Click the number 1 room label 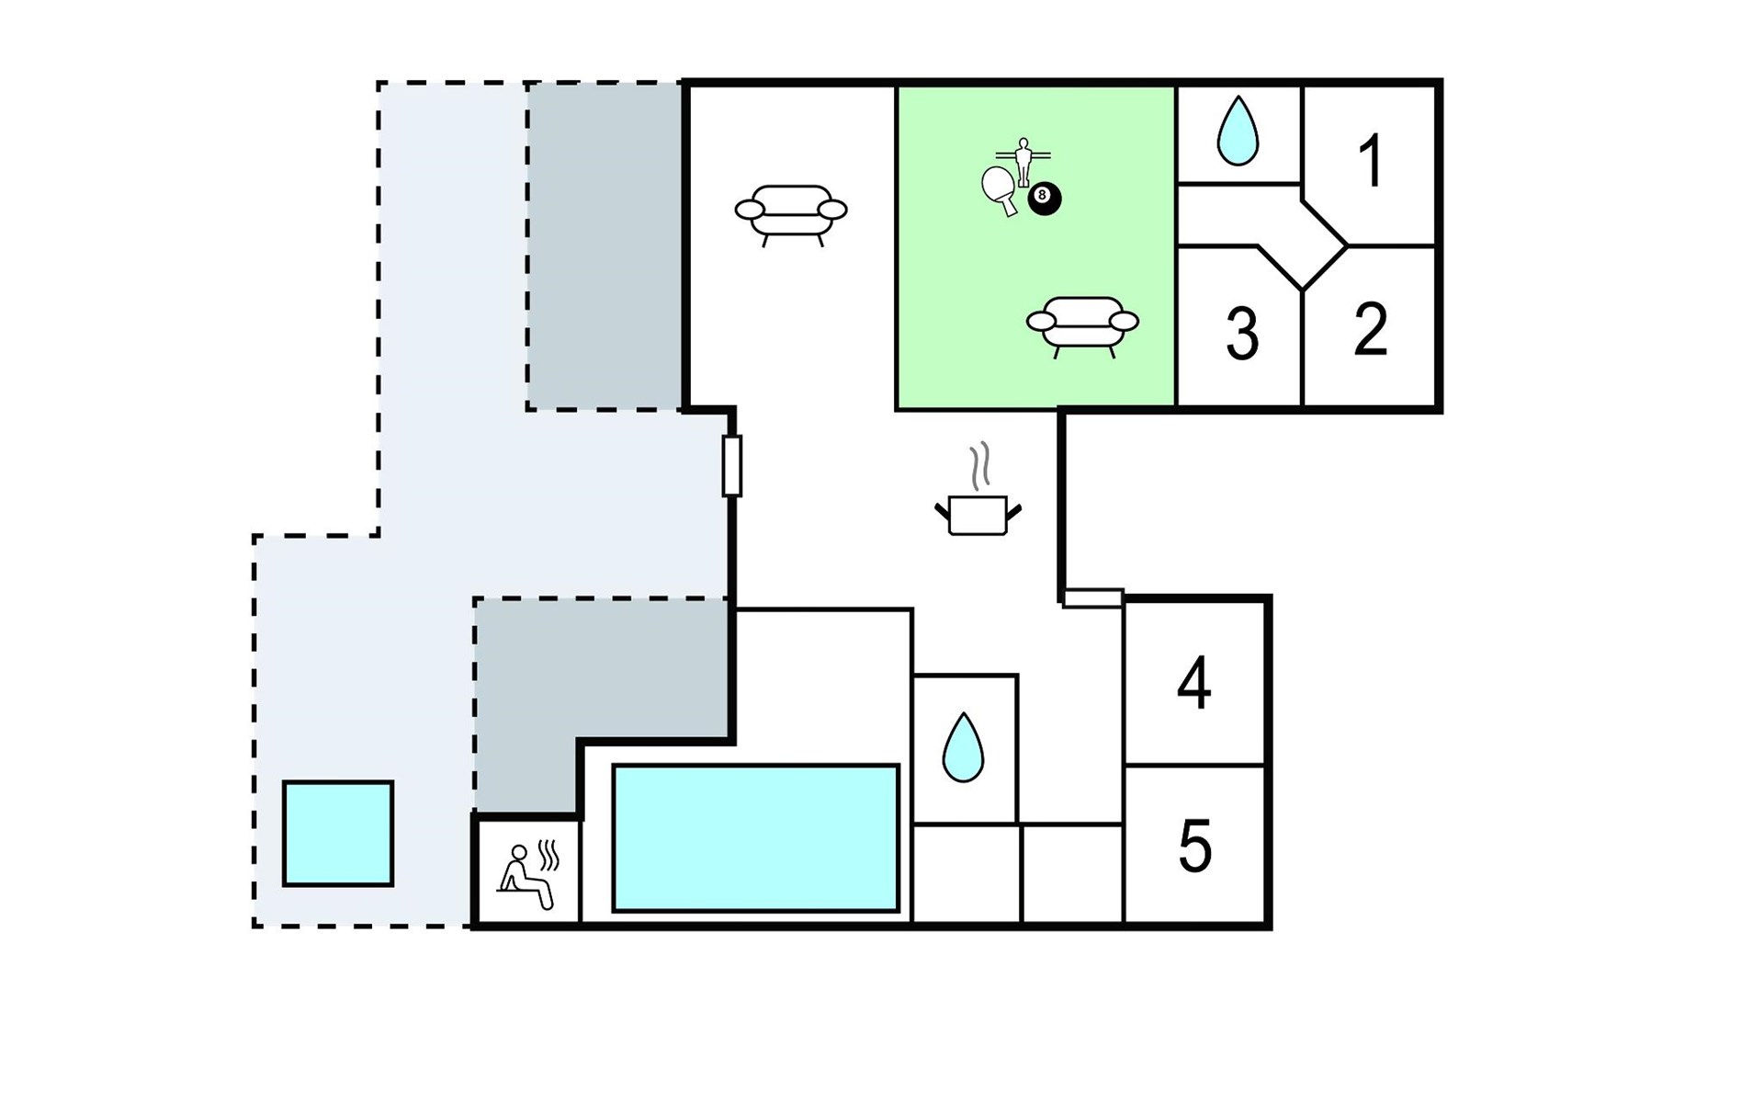tap(1371, 161)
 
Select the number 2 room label tap(1370, 329)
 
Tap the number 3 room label tap(1242, 334)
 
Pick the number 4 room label tap(1193, 684)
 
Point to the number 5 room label tap(1194, 847)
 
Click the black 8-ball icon tap(1044, 198)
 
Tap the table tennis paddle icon tap(1000, 189)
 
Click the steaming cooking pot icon tap(978, 513)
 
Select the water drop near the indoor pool tap(963, 747)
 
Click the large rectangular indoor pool tap(755, 837)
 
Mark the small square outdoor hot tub tap(338, 834)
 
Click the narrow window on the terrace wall tap(731, 466)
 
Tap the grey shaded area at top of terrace tap(604, 245)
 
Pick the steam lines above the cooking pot tap(981, 465)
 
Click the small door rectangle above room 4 tap(1092, 598)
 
